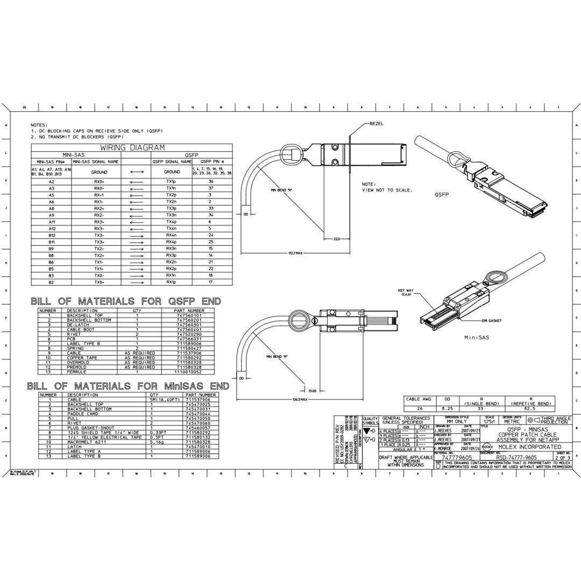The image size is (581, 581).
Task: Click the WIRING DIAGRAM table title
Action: pyautogui.click(x=132, y=147)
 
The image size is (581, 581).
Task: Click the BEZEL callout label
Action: pyautogui.click(x=377, y=123)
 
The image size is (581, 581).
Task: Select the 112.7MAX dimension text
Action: pyautogui.click(x=296, y=252)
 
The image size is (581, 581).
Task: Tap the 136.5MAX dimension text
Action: pyautogui.click(x=300, y=400)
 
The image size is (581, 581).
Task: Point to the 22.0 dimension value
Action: pyautogui.click(x=337, y=239)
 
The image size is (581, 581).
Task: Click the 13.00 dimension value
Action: pyautogui.click(x=312, y=391)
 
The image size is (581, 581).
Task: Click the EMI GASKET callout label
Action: pyautogui.click(x=492, y=320)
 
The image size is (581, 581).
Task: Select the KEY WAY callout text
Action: pyautogui.click(x=405, y=293)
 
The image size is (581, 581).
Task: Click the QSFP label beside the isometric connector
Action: pyautogui.click(x=442, y=196)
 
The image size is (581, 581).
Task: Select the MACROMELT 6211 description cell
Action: pyautogui.click(x=88, y=442)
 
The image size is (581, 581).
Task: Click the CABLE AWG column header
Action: pyautogui.click(x=419, y=400)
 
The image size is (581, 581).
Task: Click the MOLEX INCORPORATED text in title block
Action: pyautogui.click(x=529, y=447)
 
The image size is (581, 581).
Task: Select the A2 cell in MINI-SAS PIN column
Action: pyautogui.click(x=51, y=182)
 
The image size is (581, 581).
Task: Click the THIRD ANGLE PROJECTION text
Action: pyautogui.click(x=555, y=420)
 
